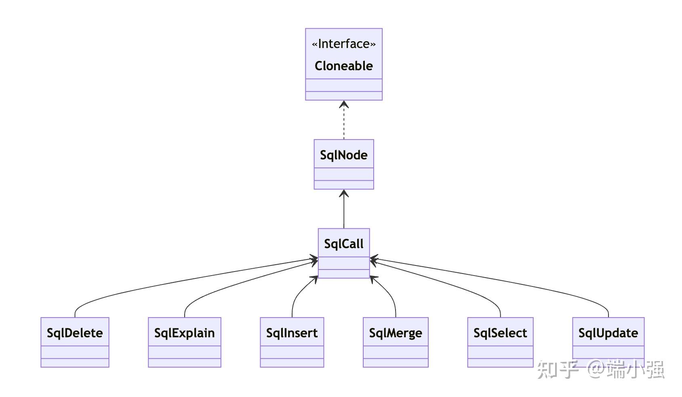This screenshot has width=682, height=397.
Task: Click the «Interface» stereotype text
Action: click(343, 44)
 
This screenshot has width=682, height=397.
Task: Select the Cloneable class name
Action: click(343, 66)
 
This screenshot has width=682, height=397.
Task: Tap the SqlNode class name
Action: click(343, 155)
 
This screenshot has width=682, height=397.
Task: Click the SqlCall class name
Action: click(343, 244)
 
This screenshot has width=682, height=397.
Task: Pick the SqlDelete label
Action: click(75, 333)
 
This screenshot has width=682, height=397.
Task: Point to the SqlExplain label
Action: click(184, 333)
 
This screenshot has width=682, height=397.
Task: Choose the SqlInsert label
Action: click(292, 333)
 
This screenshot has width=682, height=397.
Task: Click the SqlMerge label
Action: click(395, 333)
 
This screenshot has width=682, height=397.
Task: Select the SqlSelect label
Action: click(500, 333)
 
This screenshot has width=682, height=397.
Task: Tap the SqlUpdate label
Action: click(608, 333)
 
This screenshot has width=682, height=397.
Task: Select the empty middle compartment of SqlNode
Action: click(343, 174)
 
